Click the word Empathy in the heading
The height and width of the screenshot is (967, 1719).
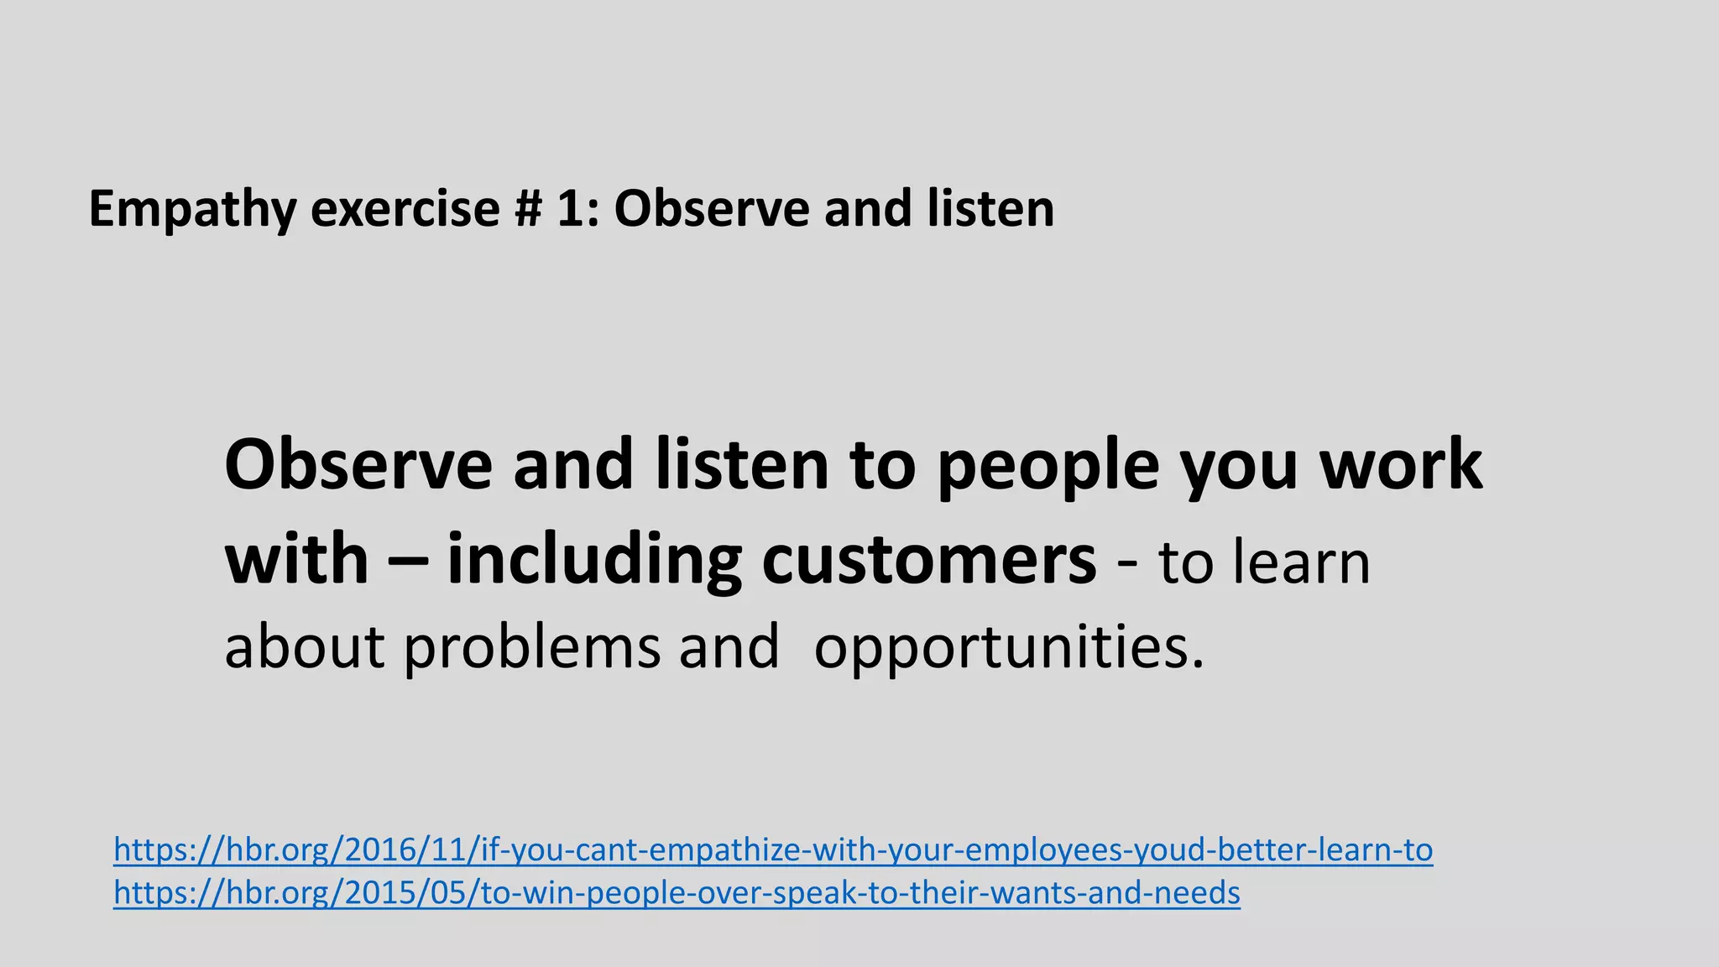[191, 210]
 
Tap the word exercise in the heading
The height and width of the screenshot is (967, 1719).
[405, 210]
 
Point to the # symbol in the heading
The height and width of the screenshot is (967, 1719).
[528, 210]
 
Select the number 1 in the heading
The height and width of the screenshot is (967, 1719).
[572, 210]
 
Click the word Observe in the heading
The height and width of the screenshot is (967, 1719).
[710, 210]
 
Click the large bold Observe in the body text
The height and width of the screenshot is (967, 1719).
[358, 466]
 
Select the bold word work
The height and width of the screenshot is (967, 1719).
[1401, 466]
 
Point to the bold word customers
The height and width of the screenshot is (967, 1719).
[928, 561]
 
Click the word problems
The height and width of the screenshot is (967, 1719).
[532, 648]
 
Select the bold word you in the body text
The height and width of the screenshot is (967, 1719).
[1238, 466]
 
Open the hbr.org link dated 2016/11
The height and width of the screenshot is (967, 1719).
[773, 850]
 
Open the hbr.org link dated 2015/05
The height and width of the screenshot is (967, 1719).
[677, 893]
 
